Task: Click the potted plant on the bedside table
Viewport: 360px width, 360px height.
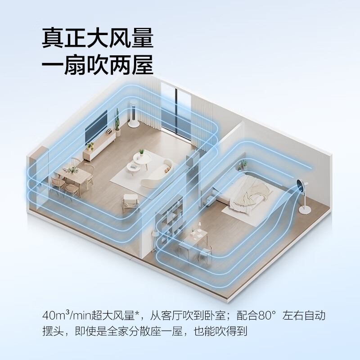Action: pyautogui.click(x=243, y=165)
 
